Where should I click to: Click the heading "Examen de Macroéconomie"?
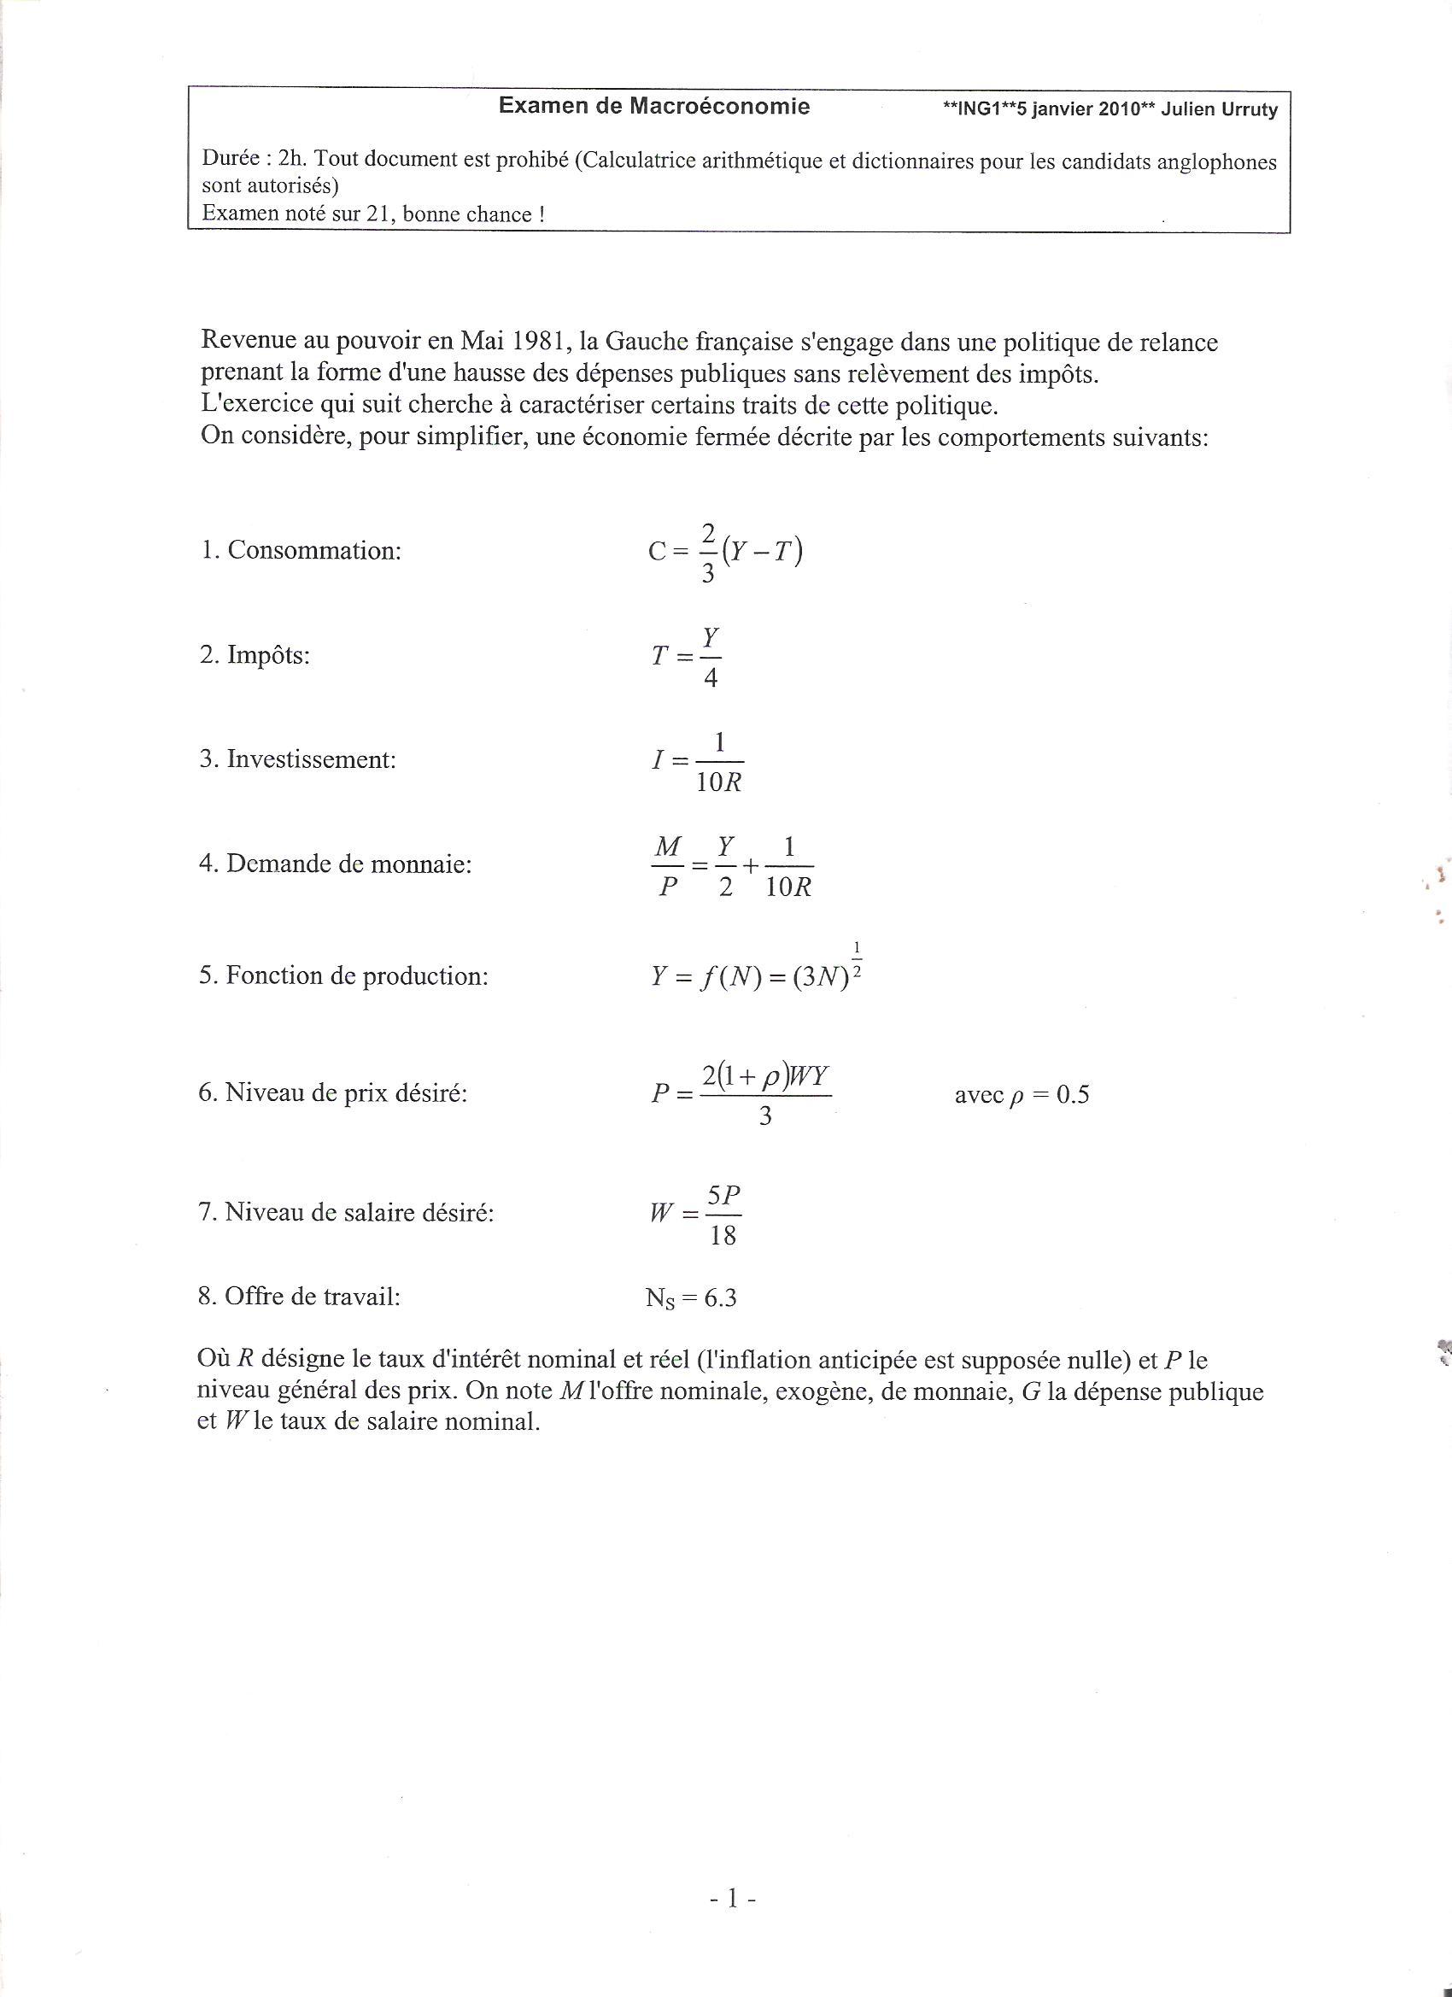coord(653,107)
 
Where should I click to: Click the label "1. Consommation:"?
coord(301,550)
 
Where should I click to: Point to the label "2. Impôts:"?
coord(255,655)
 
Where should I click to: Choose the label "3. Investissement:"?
coord(297,759)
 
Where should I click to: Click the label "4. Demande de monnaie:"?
coord(335,864)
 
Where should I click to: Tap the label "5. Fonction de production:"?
coord(343,975)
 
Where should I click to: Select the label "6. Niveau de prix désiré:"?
coord(333,1092)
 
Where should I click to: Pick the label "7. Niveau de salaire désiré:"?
coord(346,1213)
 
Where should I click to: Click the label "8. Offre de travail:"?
coord(300,1296)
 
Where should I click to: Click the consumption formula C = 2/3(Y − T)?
coord(725,552)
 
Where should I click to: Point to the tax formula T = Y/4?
coord(687,656)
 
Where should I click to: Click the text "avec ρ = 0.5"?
coord(1022,1094)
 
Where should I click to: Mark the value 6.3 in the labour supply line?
coord(720,1297)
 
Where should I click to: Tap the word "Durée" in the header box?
coord(231,159)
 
